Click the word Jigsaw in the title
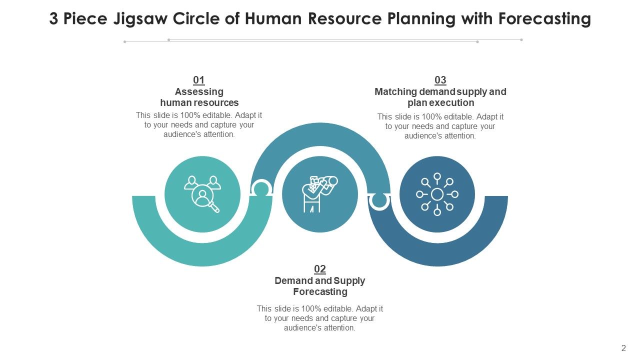pyautogui.click(x=140, y=19)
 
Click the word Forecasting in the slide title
pyautogui.click(x=544, y=19)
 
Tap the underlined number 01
pyautogui.click(x=199, y=80)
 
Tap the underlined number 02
pyautogui.click(x=319, y=269)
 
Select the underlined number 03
pyautogui.click(x=440, y=80)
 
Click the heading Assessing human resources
pyautogui.click(x=199, y=97)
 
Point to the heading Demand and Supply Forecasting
pyautogui.click(x=320, y=286)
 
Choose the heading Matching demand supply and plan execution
pyautogui.click(x=440, y=97)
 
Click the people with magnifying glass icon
pyautogui.click(x=202, y=194)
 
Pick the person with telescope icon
pyautogui.click(x=320, y=194)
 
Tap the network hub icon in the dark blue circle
pyautogui.click(x=437, y=194)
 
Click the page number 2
pyautogui.click(x=623, y=348)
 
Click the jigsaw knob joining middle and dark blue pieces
pyautogui.click(x=379, y=201)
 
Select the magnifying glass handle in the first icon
pyautogui.click(x=214, y=207)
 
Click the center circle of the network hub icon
pyautogui.click(x=437, y=194)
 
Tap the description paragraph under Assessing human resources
pyautogui.click(x=199, y=125)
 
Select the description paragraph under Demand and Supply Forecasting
pyautogui.click(x=319, y=318)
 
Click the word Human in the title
pyautogui.click(x=273, y=19)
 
